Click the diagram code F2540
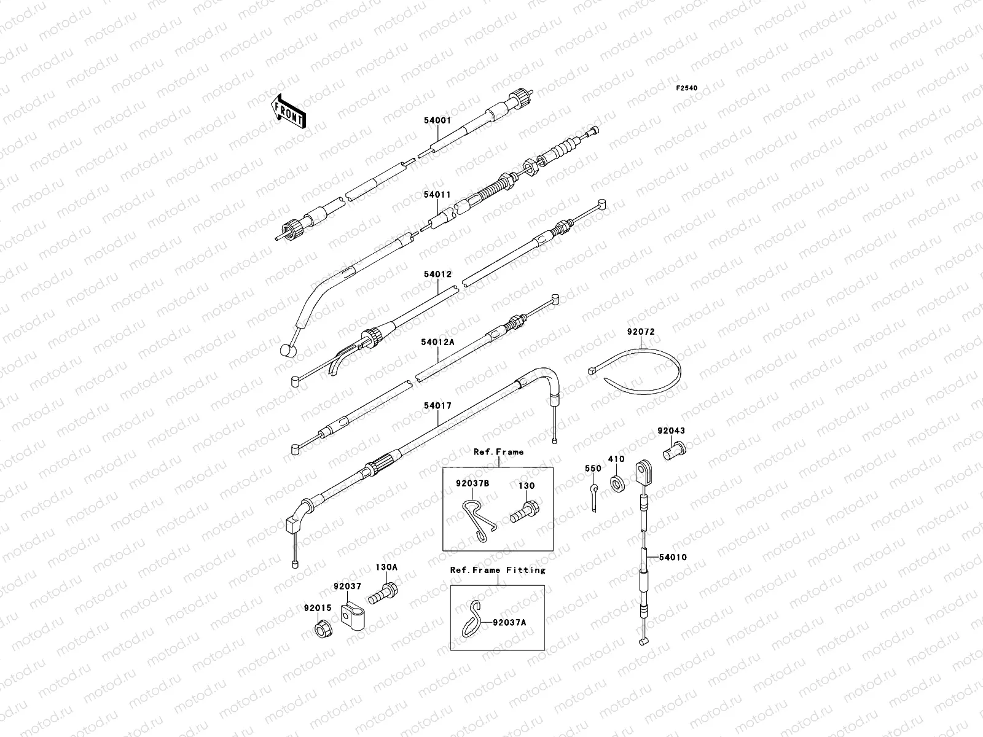tap(687, 88)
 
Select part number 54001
tap(437, 121)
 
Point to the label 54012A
tap(437, 342)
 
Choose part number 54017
tap(437, 406)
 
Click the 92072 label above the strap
tap(641, 332)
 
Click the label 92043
tap(671, 431)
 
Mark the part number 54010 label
tap(673, 558)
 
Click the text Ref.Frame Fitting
tap(498, 570)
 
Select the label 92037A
tap(509, 622)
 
